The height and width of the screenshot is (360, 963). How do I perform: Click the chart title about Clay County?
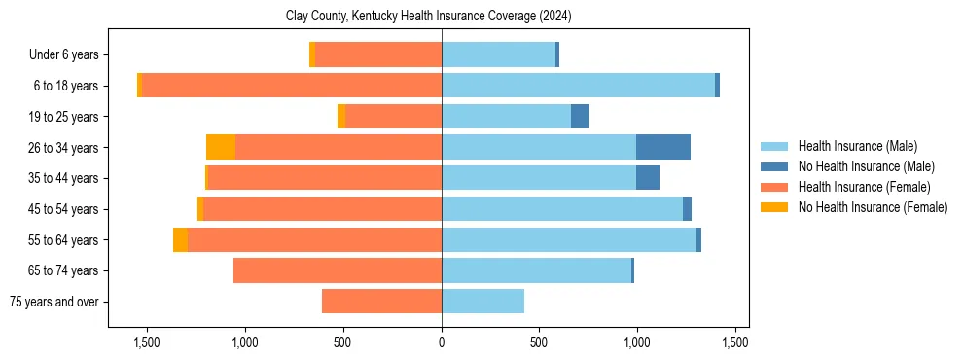(x=442, y=17)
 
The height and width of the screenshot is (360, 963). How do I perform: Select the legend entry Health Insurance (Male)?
(x=857, y=146)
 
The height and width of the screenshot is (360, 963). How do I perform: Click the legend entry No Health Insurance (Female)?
(x=873, y=207)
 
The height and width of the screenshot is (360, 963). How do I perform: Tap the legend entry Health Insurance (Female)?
(x=864, y=187)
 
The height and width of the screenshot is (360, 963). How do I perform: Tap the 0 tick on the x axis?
(x=442, y=342)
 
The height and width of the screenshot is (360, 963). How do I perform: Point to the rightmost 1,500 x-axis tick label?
(x=735, y=342)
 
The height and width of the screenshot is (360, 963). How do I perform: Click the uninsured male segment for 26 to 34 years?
(x=663, y=147)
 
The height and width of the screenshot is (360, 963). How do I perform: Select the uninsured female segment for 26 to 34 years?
(x=221, y=147)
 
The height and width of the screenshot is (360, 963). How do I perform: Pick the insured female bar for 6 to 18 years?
(x=292, y=86)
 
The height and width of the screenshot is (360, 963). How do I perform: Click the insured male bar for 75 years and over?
(x=482, y=302)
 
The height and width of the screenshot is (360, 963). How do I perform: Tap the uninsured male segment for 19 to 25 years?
(x=580, y=117)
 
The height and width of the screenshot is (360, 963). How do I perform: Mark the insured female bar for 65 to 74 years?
(x=338, y=270)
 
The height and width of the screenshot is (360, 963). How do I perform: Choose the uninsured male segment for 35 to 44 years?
(x=648, y=178)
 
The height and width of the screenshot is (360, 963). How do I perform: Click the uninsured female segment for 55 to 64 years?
(x=180, y=239)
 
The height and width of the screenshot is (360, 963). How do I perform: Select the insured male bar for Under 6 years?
(x=498, y=55)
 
